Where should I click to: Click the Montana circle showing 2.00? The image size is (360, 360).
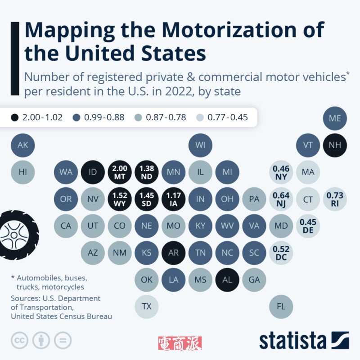point(120,171)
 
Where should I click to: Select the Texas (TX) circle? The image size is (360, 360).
point(147,306)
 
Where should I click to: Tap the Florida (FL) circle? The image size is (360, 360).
point(281,306)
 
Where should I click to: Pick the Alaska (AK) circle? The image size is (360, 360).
point(22,145)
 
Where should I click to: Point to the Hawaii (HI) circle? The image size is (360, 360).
point(22,171)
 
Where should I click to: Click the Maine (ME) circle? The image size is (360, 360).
point(335,118)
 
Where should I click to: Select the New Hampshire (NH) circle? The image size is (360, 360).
point(335,145)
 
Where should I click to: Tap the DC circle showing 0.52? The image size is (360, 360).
point(281,252)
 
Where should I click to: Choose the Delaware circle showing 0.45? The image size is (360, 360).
point(308,225)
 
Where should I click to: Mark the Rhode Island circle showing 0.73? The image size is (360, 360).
point(335,198)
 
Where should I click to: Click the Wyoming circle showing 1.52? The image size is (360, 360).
point(120,198)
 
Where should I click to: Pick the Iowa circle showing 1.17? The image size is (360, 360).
point(174,198)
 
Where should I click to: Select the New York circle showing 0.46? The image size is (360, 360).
point(281,171)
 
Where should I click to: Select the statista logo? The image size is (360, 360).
point(304,341)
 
